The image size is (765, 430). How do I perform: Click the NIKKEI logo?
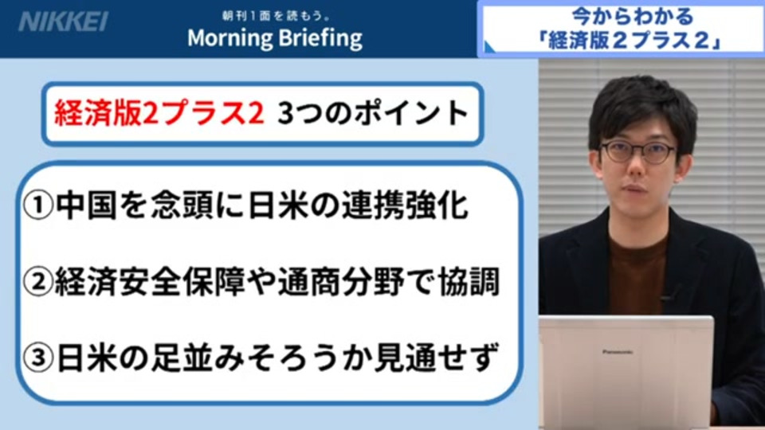pyautogui.click(x=63, y=21)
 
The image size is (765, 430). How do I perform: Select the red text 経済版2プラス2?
pyautogui.click(x=159, y=113)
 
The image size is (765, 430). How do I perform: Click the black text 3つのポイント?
pyautogui.click(x=373, y=113)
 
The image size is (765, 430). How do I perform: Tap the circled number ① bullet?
pyautogui.click(x=37, y=205)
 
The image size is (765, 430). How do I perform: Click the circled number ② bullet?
pyautogui.click(x=37, y=282)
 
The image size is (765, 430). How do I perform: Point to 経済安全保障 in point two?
pyautogui.click(x=149, y=282)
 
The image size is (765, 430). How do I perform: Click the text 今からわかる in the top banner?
pyautogui.click(x=632, y=17)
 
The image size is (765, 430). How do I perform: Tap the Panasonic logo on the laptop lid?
pyautogui.click(x=617, y=351)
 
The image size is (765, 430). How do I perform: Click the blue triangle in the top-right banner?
pyautogui.click(x=489, y=46)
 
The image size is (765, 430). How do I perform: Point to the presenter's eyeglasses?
pyautogui.click(x=637, y=151)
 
